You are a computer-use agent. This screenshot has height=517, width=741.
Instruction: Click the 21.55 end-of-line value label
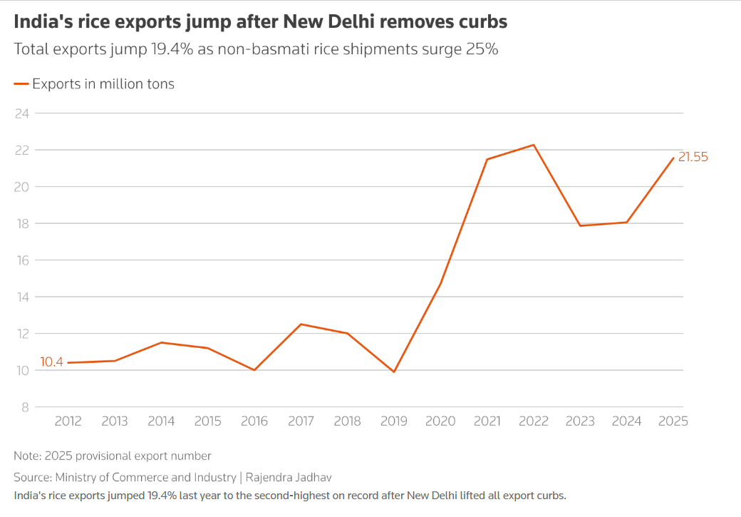click(x=693, y=157)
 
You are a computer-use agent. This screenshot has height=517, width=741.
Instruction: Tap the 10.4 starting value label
click(x=51, y=362)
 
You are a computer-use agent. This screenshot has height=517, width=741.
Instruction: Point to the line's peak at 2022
click(x=534, y=145)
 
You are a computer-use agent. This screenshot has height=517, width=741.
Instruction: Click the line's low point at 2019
click(x=393, y=372)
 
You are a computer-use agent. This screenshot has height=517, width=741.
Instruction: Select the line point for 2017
click(x=301, y=324)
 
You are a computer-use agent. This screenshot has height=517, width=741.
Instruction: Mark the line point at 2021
click(x=487, y=159)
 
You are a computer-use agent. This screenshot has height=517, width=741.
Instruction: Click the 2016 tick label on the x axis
click(x=254, y=421)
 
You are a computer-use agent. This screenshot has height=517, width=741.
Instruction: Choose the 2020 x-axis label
click(x=440, y=421)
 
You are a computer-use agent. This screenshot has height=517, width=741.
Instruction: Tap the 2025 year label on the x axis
click(x=673, y=421)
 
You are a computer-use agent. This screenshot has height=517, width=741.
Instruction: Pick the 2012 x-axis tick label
click(x=68, y=421)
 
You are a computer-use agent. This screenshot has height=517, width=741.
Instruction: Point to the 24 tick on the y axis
click(x=22, y=113)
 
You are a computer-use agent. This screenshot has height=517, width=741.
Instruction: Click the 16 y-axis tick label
click(x=22, y=260)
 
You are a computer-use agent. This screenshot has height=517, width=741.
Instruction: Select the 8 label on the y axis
click(x=25, y=407)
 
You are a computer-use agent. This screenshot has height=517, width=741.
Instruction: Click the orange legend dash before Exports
click(x=21, y=84)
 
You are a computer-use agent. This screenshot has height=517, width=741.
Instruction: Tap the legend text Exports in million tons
click(x=103, y=84)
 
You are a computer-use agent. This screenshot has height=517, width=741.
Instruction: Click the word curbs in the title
click(x=484, y=22)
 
